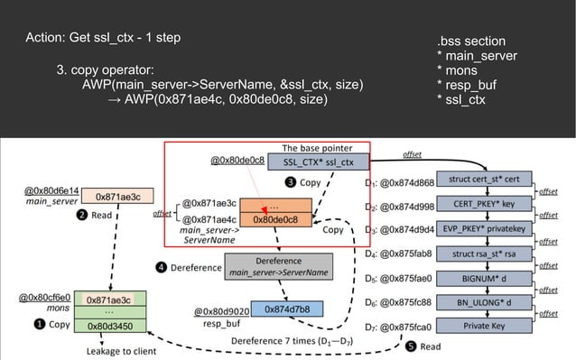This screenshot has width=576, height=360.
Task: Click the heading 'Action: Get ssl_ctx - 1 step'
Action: [103, 38]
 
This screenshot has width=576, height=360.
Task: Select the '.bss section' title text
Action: [470, 42]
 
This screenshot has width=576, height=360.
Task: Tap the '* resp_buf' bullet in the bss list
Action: [465, 85]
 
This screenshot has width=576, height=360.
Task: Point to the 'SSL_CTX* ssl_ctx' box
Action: [318, 162]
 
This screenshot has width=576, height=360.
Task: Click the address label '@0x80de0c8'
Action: [237, 162]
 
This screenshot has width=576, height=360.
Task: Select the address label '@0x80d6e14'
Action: [52, 191]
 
